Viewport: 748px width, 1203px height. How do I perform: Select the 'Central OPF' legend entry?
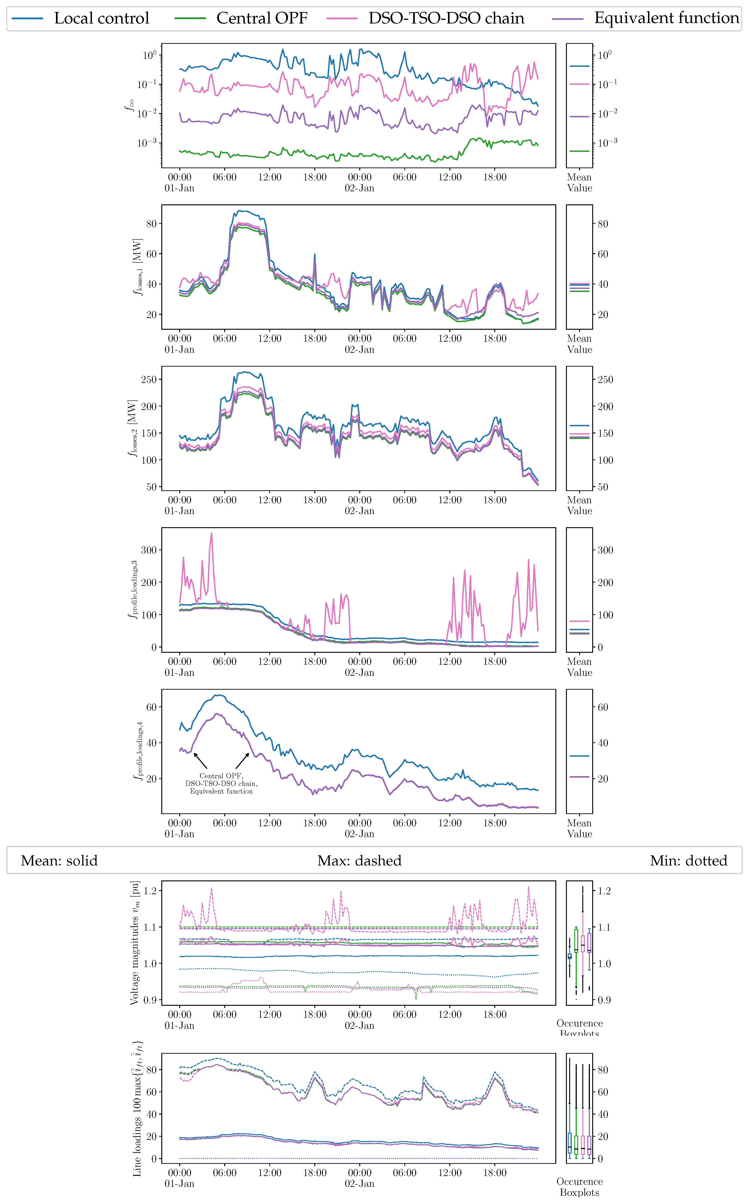[261, 18]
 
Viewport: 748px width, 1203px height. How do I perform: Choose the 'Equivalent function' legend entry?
[666, 18]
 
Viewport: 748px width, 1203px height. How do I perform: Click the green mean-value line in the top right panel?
[579, 151]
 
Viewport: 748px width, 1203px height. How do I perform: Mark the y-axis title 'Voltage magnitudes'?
[135, 942]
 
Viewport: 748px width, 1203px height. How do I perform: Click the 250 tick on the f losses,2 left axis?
[148, 379]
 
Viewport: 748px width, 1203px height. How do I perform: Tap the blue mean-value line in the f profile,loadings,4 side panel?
[579, 756]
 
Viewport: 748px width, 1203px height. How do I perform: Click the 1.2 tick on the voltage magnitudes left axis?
[149, 891]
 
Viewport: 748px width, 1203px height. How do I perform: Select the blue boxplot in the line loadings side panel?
[569, 1143]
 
